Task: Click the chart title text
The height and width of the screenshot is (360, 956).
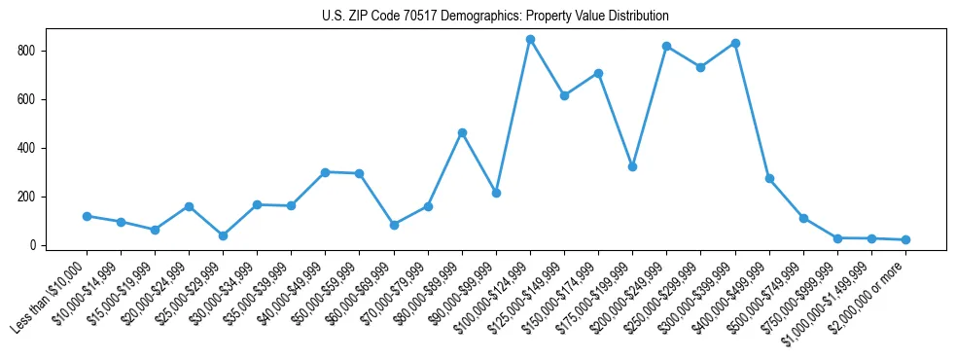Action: pyautogui.click(x=495, y=17)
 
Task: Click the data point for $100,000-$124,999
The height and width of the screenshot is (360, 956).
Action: pyautogui.click(x=530, y=40)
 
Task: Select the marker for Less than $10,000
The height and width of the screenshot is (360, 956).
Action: pyautogui.click(x=87, y=216)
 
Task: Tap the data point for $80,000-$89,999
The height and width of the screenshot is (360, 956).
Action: pyautogui.click(x=462, y=132)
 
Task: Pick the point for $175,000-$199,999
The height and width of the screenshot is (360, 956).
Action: pyautogui.click(x=633, y=166)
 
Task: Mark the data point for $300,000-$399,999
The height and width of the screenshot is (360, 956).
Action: pyautogui.click(x=735, y=43)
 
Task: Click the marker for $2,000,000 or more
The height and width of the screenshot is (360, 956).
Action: pyautogui.click(x=905, y=239)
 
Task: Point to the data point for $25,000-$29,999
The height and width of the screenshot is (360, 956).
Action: pyautogui.click(x=223, y=235)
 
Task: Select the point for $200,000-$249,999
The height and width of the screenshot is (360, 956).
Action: pyautogui.click(x=667, y=46)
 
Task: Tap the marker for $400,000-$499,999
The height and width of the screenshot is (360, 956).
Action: pyautogui.click(x=769, y=178)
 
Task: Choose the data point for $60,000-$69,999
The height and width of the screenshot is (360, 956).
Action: pyautogui.click(x=394, y=225)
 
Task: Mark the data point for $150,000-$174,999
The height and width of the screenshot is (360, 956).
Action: pyautogui.click(x=599, y=73)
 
